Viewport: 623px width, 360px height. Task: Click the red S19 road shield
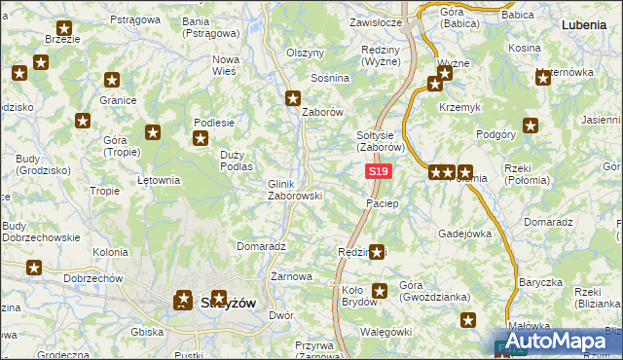click(379, 172)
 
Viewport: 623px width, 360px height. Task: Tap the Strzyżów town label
click(228, 303)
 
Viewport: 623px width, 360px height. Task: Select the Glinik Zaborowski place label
click(295, 190)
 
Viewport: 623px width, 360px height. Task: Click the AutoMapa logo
click(559, 342)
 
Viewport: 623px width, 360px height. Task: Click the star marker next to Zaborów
click(293, 97)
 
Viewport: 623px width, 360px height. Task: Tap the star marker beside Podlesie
click(200, 139)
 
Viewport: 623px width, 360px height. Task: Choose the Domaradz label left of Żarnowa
click(260, 247)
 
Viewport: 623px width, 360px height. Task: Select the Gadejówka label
click(464, 234)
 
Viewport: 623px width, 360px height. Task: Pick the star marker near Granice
click(112, 80)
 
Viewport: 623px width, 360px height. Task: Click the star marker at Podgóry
click(531, 125)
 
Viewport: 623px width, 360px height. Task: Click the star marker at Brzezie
click(64, 29)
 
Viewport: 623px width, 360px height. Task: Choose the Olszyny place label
click(305, 53)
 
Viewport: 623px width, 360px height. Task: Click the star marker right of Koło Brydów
click(380, 290)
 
